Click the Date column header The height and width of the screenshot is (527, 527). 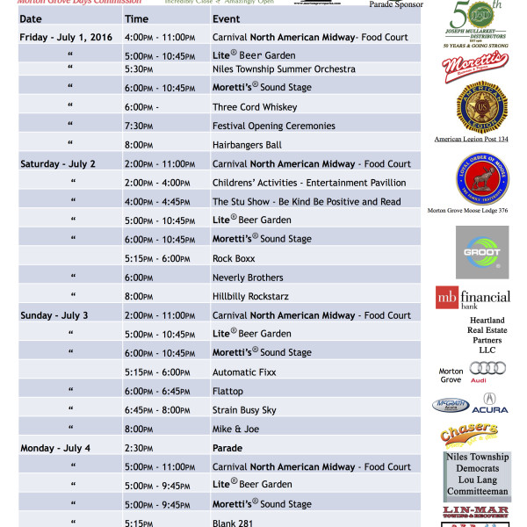(31, 18)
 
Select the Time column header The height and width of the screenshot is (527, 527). (136, 18)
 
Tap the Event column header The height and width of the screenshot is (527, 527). (226, 18)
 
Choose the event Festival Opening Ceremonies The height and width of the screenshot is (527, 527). (274, 126)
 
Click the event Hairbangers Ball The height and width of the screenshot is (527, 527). (247, 145)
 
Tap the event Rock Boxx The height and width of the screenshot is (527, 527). (233, 259)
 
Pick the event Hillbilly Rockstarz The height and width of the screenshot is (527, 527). (256, 297)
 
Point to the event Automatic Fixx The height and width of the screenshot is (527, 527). (248, 372)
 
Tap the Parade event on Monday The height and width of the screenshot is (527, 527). (227, 448)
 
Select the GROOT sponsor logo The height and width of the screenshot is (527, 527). (481, 252)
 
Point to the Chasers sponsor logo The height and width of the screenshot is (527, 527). (469, 434)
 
